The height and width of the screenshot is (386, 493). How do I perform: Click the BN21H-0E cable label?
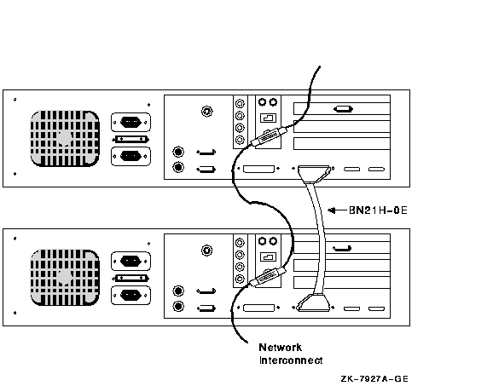coord(378,210)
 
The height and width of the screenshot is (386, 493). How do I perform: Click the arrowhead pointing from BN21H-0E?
coord(331,210)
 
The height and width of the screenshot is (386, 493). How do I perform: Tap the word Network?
coord(280,348)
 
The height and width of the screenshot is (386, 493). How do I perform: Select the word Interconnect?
coord(291,360)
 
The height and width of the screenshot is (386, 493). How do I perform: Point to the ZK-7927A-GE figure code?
coord(374,379)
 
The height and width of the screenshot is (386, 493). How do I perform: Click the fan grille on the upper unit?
coord(65,138)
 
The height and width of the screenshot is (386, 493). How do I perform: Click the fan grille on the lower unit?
coord(65,277)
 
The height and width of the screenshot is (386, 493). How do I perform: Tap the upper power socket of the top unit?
coord(130,122)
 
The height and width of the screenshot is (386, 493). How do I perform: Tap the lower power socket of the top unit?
coord(130,156)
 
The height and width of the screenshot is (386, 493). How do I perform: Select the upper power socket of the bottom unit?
coord(130,261)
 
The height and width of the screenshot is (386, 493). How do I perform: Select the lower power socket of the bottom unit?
coord(130,295)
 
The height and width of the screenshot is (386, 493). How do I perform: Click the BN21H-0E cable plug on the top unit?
coord(315,174)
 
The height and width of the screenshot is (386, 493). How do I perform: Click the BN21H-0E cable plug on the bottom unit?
coord(315,302)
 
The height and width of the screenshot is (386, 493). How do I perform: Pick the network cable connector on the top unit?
coord(269,136)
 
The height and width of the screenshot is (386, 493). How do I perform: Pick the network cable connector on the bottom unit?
coord(269,276)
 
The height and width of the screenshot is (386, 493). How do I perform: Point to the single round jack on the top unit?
coord(206,111)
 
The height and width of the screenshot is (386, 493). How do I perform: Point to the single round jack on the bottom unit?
coord(206,251)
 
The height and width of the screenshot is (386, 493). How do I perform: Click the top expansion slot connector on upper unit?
coord(343,109)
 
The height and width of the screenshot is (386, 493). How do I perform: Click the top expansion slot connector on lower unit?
coord(342,249)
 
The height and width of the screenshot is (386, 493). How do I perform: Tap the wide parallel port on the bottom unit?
coord(258,308)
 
